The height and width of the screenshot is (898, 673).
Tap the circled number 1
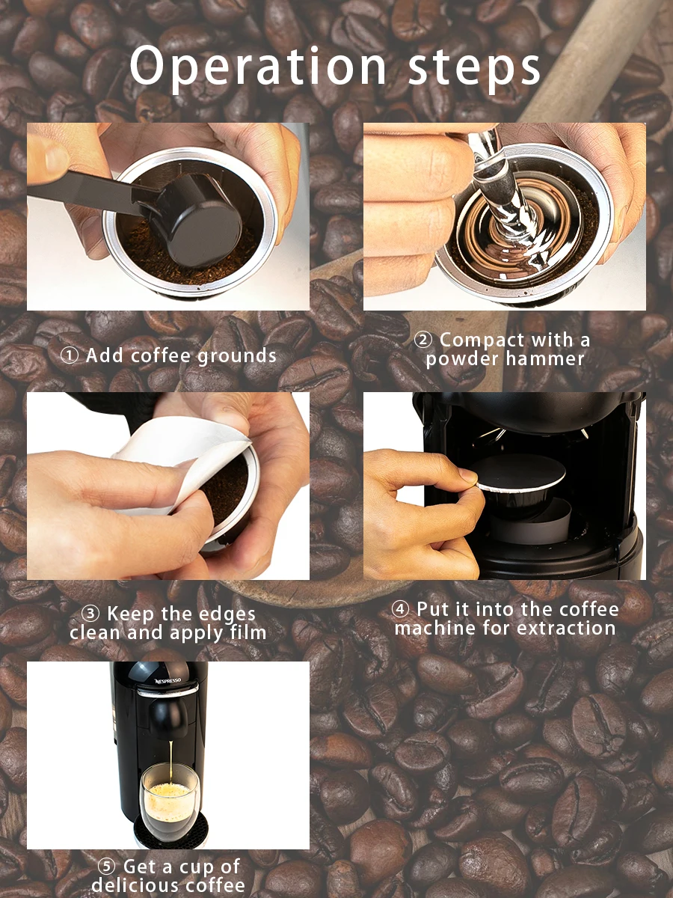[x=70, y=355]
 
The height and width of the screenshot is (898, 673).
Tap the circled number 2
[x=423, y=340]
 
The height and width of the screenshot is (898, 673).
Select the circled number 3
[x=90, y=613]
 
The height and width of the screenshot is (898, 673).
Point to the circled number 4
[x=401, y=609]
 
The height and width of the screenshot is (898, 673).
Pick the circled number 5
[x=106, y=866]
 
